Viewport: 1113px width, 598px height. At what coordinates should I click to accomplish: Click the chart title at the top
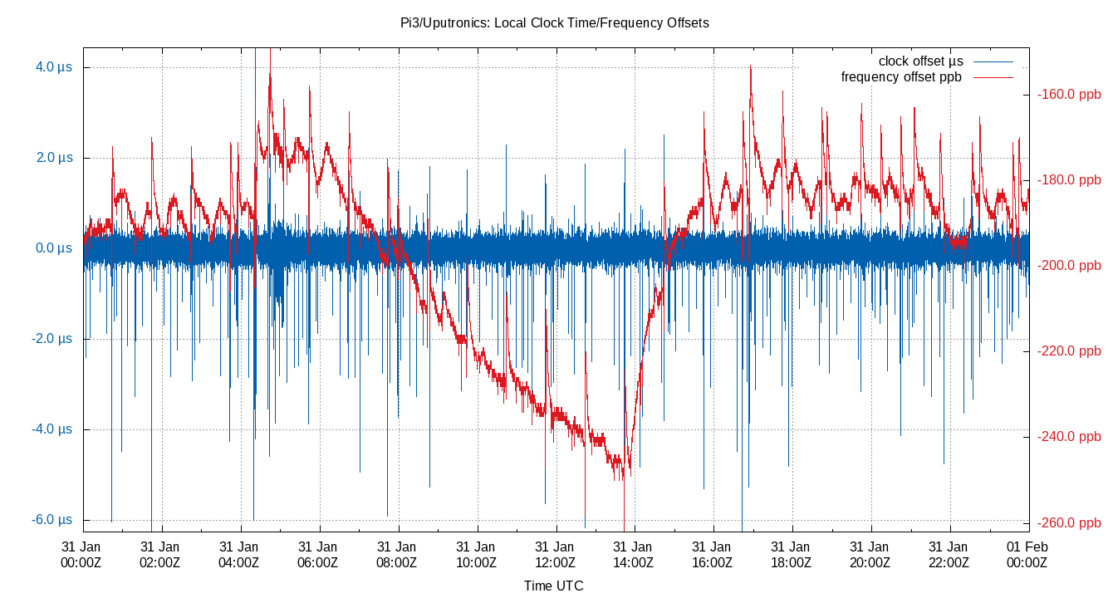click(x=554, y=23)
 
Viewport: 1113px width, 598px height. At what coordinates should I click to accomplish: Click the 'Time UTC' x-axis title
click(x=553, y=586)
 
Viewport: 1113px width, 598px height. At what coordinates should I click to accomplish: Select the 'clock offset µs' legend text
click(x=920, y=61)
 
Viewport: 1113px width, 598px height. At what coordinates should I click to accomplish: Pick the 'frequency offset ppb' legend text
click(x=901, y=77)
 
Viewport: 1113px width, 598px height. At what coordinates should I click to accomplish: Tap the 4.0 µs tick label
click(x=54, y=66)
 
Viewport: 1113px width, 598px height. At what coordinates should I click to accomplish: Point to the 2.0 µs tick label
click(x=54, y=157)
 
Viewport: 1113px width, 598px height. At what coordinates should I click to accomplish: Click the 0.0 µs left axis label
click(x=54, y=248)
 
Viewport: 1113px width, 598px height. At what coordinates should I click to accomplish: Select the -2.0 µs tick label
click(x=52, y=339)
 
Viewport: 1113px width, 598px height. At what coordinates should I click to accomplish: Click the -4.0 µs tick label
click(x=52, y=429)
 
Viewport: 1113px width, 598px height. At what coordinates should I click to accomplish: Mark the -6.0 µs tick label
click(x=52, y=520)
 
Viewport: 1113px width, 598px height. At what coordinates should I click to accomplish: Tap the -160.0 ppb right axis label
click(x=1069, y=95)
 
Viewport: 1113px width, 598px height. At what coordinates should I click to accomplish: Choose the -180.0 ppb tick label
click(x=1069, y=180)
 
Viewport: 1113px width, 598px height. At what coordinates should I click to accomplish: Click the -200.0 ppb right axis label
click(x=1069, y=266)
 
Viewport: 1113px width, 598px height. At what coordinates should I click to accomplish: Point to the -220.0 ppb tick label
click(x=1069, y=351)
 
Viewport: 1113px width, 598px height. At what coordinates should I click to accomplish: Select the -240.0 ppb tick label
click(x=1069, y=437)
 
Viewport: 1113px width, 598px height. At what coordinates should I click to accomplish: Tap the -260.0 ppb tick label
click(x=1069, y=523)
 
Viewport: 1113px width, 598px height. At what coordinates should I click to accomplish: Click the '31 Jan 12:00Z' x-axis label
click(x=554, y=554)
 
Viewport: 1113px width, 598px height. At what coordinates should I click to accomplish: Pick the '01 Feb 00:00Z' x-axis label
click(x=1027, y=554)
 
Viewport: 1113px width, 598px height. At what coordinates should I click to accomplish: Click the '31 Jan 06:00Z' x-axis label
click(x=317, y=554)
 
